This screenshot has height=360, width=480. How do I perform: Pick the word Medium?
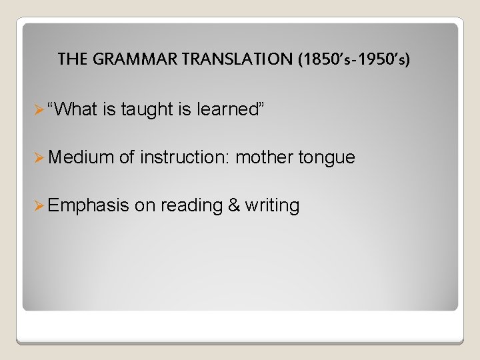(x=81, y=157)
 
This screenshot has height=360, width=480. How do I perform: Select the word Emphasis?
(x=88, y=205)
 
